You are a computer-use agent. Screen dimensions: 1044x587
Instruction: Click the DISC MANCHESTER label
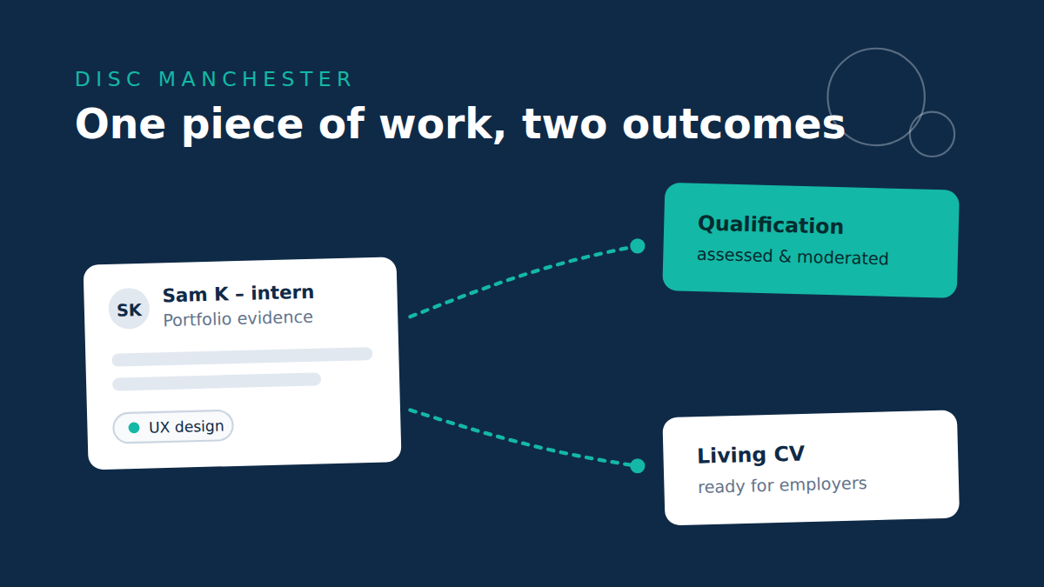click(213, 79)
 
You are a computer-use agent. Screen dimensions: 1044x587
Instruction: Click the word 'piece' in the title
click(243, 126)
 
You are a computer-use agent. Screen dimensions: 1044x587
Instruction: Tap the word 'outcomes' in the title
click(733, 125)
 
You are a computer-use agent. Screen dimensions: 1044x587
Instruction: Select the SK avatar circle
click(129, 309)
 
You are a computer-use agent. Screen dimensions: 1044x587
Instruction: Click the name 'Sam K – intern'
click(238, 294)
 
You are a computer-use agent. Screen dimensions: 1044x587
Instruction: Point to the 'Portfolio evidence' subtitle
click(238, 318)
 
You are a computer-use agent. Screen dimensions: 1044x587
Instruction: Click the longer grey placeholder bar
click(243, 357)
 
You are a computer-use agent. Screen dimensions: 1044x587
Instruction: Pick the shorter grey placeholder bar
click(217, 382)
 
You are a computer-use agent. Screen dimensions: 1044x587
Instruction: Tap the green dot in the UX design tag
click(134, 428)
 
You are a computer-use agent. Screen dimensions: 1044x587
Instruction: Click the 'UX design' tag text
click(186, 427)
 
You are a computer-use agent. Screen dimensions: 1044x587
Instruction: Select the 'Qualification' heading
click(771, 225)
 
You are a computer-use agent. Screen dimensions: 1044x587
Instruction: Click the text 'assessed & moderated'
click(793, 257)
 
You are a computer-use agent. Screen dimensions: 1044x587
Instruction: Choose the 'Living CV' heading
click(751, 455)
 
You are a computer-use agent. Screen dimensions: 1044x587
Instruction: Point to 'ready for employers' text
click(782, 485)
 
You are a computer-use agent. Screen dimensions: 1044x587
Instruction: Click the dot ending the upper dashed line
click(637, 246)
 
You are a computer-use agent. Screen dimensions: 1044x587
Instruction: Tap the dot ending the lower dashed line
click(637, 465)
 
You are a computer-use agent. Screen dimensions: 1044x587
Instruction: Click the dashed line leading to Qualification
click(518, 276)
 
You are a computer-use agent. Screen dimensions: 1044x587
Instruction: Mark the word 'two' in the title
click(565, 125)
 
